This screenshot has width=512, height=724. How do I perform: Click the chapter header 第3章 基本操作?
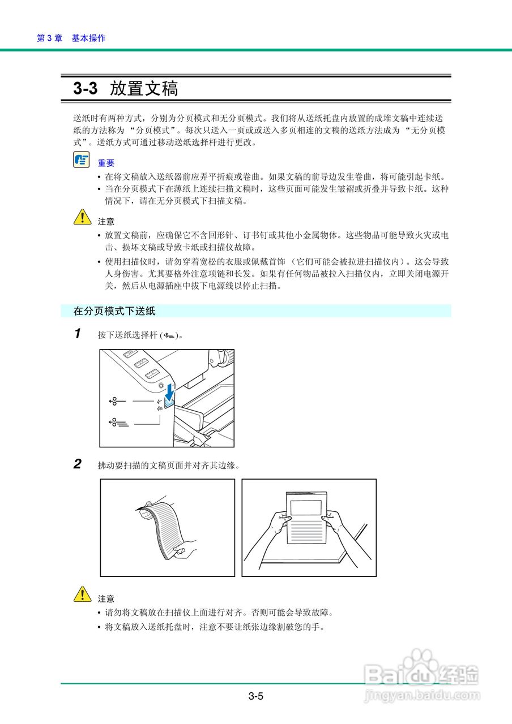(x=71, y=38)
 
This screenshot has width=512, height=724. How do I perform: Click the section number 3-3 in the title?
(x=85, y=89)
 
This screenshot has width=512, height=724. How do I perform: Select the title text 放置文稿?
(x=144, y=89)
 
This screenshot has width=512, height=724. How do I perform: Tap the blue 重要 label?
(x=106, y=163)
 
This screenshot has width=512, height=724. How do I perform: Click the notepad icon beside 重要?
(x=81, y=160)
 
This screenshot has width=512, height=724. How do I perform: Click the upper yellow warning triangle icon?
(x=82, y=217)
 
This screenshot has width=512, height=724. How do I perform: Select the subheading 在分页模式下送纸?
(x=114, y=311)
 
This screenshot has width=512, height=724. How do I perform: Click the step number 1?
(x=78, y=334)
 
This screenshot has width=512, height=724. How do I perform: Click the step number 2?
(x=78, y=465)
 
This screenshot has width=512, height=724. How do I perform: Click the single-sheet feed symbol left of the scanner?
(x=116, y=401)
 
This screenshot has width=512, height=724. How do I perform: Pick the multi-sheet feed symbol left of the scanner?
(x=118, y=422)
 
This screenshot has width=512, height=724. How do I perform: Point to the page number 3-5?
(x=255, y=696)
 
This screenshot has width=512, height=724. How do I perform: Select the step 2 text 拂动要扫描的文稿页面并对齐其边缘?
(x=169, y=466)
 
